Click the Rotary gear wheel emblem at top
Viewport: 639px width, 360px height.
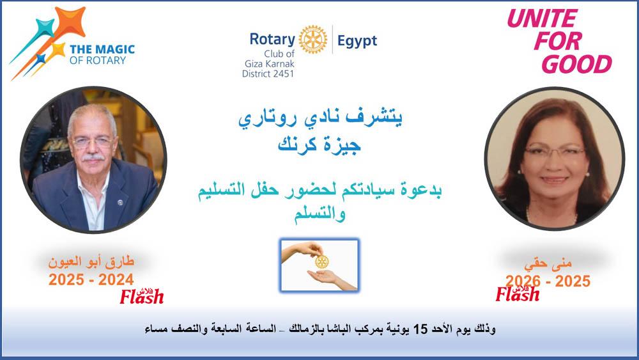313,40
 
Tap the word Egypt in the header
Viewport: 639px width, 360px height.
357,42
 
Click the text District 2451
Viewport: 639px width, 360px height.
268,74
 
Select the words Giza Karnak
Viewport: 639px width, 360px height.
270,63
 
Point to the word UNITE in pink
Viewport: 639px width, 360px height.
542,19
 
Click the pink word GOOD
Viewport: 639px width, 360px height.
576,65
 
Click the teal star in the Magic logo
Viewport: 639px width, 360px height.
45,27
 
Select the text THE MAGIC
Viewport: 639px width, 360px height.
102,49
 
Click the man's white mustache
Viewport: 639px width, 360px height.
93,157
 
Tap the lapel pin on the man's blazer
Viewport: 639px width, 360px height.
120,202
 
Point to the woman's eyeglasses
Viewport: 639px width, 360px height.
555,152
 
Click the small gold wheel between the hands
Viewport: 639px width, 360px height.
321,262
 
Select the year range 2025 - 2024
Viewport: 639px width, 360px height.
91,279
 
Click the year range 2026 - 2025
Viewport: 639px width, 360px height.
548,281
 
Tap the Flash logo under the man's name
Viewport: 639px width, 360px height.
142,297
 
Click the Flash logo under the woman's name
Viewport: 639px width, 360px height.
518,293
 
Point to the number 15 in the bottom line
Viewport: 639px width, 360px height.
420,329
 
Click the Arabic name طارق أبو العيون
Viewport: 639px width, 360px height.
91,262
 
